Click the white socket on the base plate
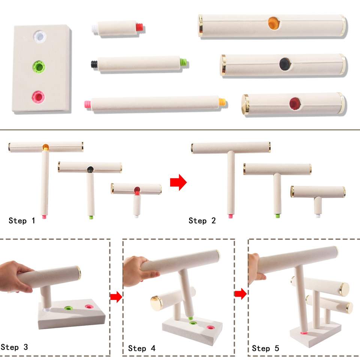pyautogui.click(x=39, y=37)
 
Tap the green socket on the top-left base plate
pyautogui.click(x=39, y=67)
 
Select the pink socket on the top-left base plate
pyautogui.click(x=38, y=97)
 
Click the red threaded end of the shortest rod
pyautogui.click(x=140, y=27)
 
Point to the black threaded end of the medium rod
pyautogui.click(x=94, y=64)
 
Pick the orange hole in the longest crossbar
pyautogui.click(x=274, y=23)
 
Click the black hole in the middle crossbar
pyautogui.click(x=285, y=64)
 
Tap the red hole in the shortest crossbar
pyautogui.click(x=295, y=103)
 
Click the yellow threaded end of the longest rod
pyautogui.click(x=222, y=102)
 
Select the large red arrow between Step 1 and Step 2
pyautogui.click(x=178, y=182)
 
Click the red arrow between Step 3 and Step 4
pyautogui.click(x=116, y=297)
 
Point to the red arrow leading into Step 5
pyautogui.click(x=241, y=294)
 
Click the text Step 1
pyautogui.click(x=22, y=220)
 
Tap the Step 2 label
pyautogui.click(x=202, y=220)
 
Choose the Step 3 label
pyautogui.click(x=14, y=347)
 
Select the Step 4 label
pyautogui.click(x=142, y=348)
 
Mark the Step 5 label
pyautogui.click(x=265, y=348)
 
